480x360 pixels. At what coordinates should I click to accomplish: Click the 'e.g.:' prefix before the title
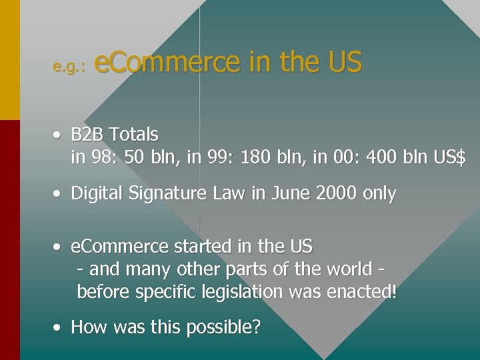(69, 67)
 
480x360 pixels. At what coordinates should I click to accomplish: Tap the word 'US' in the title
(344, 62)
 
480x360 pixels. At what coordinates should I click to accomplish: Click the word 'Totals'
(134, 135)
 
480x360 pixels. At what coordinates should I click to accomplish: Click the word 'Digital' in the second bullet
(94, 194)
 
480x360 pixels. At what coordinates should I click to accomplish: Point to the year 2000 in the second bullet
(337, 194)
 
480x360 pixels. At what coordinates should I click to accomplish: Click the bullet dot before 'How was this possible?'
(59, 327)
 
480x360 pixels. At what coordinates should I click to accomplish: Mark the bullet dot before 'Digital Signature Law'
(59, 194)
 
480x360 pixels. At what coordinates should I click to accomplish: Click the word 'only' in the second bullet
(379, 194)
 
